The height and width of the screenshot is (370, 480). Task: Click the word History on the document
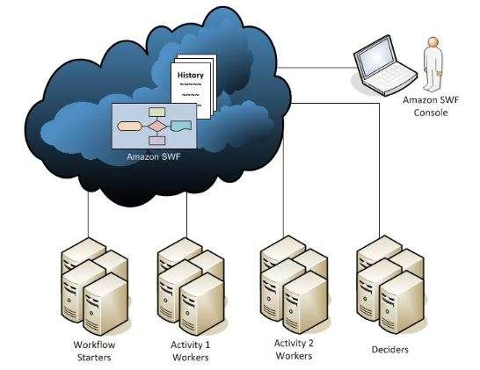click(191, 75)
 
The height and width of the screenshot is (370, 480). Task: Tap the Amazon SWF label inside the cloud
click(154, 156)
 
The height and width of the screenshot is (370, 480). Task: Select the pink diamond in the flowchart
click(157, 126)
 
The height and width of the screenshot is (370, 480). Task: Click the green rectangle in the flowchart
click(157, 112)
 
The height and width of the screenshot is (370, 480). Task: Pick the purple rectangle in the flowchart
click(157, 141)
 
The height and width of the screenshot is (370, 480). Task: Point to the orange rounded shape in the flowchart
click(129, 126)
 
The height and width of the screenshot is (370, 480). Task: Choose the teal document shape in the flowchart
click(181, 126)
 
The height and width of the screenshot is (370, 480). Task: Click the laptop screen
click(377, 59)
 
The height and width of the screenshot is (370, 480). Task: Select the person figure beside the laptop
click(433, 64)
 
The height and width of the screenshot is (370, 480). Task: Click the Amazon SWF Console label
click(431, 106)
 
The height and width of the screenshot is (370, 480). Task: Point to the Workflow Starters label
click(94, 351)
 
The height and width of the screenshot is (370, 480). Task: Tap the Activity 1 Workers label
click(191, 351)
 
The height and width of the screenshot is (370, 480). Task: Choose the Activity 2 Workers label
click(294, 350)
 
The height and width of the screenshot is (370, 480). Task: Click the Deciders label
click(389, 350)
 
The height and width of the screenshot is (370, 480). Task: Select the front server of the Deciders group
click(401, 302)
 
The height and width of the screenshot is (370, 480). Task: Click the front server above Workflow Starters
click(105, 304)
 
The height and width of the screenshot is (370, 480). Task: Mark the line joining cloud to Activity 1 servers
click(186, 214)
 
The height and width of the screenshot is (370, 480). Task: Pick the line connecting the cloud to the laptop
click(316, 68)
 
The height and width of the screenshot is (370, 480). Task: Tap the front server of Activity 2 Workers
click(305, 302)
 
